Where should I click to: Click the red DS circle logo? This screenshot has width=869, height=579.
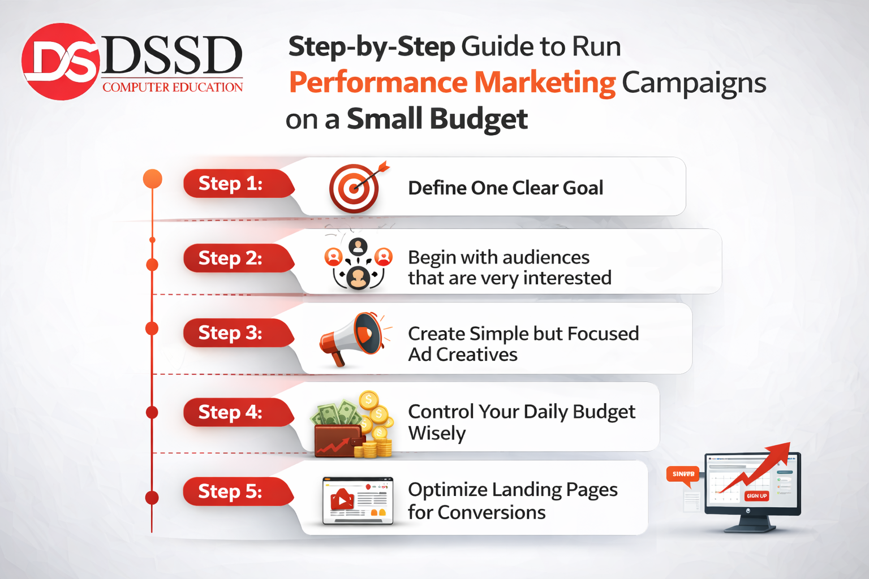[x=61, y=62]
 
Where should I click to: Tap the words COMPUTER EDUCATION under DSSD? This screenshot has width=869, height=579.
[x=173, y=87]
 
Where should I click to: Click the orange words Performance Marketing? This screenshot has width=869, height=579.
[x=452, y=83]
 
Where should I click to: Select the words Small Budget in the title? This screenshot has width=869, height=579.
[x=437, y=119]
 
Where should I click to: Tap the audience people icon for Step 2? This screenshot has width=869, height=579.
[x=358, y=264]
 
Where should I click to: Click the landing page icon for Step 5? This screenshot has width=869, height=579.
[x=358, y=500]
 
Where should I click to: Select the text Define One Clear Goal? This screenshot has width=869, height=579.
[x=505, y=188]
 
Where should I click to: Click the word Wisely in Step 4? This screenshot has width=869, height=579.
[x=437, y=433]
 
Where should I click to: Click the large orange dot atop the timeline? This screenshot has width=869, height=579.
[x=153, y=179]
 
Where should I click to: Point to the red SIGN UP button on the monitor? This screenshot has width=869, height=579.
[x=756, y=496]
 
